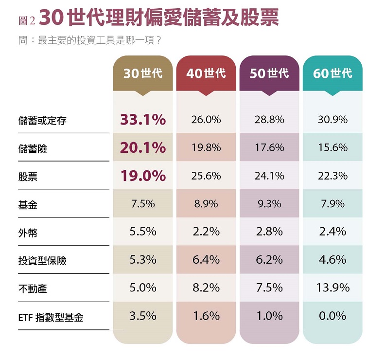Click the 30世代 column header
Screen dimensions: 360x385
tap(143, 73)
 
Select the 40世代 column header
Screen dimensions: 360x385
tap(206, 73)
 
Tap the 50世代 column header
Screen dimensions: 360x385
tap(269, 73)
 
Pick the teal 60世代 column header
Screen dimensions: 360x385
tap(332, 73)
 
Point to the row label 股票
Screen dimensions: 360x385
tap(28, 177)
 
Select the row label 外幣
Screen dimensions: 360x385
tap(28, 233)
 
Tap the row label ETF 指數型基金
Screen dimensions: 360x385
tap(51, 318)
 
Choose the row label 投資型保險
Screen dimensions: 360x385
tap(42, 261)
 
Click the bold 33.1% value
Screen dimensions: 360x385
tap(143, 120)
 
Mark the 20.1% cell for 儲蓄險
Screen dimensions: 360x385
tap(143, 148)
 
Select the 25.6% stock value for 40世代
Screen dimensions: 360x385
tap(206, 176)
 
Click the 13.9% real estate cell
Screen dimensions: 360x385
tap(332, 288)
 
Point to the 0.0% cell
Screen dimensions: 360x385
tap(332, 316)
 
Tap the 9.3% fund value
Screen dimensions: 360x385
tap(269, 204)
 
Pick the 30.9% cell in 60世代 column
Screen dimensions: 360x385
tap(332, 120)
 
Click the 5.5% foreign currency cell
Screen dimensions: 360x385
tap(143, 232)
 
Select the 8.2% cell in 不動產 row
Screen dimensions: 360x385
tap(206, 288)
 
